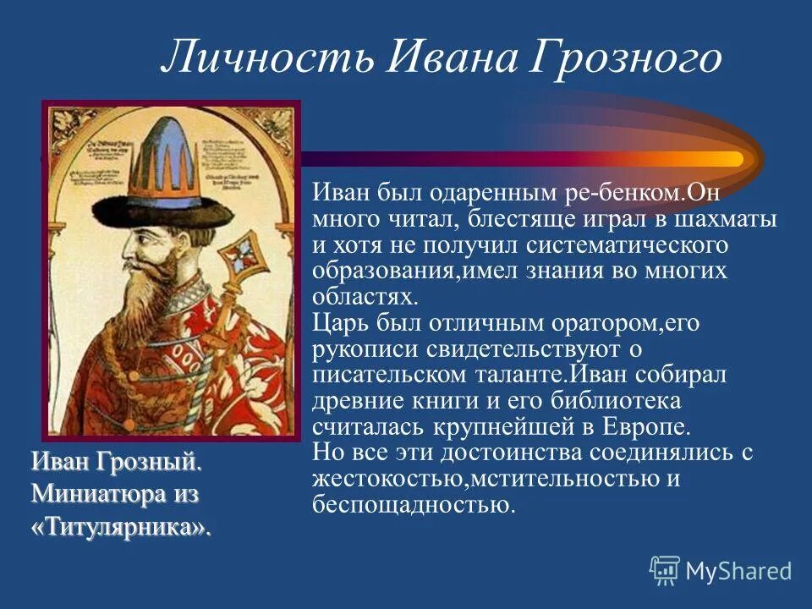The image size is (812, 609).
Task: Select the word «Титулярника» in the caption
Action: pos(120,527)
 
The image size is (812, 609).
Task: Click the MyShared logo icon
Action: pos(665,569)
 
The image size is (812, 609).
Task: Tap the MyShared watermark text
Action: pos(738,571)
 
